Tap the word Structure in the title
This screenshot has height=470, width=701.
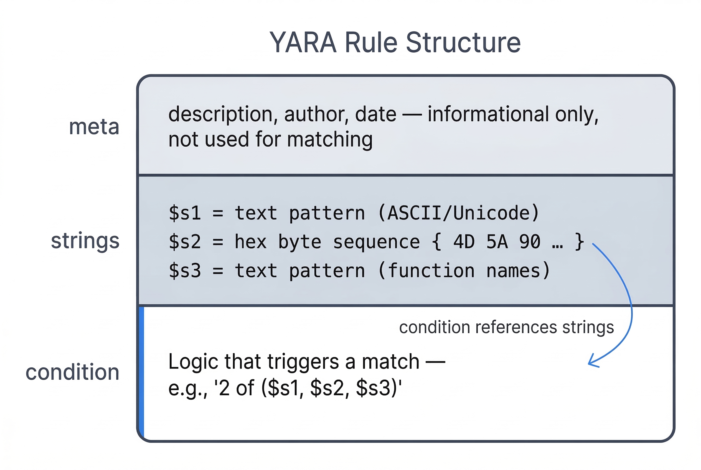pyautogui.click(x=463, y=43)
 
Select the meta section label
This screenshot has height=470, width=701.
pyautogui.click(x=94, y=127)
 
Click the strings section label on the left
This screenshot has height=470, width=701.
pyautogui.click(x=85, y=241)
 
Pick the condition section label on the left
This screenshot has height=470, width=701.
pyautogui.click(x=73, y=372)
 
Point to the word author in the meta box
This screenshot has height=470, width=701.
pyautogui.click(x=316, y=114)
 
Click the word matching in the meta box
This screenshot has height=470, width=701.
pyautogui.click(x=330, y=139)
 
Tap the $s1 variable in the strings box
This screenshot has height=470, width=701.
pyautogui.click(x=185, y=213)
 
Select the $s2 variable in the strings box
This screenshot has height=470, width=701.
pyautogui.click(x=185, y=242)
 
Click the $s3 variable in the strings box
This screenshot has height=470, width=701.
pyautogui.click(x=185, y=271)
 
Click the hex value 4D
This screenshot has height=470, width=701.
pyautogui.click(x=464, y=242)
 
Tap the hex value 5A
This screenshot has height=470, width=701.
pyautogui.click(x=497, y=242)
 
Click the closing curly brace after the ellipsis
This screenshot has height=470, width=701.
pyautogui.click(x=579, y=242)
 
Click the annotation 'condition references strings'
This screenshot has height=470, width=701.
pyautogui.click(x=506, y=327)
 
